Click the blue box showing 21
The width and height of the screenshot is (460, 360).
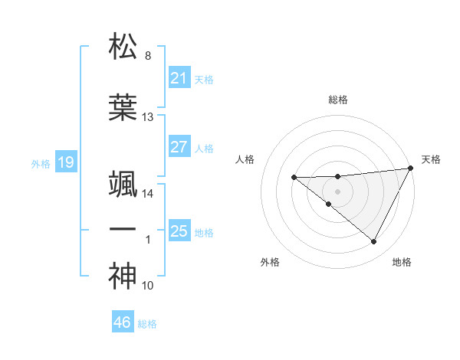point(179,77)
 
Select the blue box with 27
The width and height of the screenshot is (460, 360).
point(179,147)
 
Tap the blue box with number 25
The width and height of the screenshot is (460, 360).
point(179,231)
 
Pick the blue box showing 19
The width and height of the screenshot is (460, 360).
point(65,162)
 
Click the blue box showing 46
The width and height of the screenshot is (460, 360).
point(122,322)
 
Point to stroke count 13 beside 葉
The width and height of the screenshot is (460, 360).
point(148,117)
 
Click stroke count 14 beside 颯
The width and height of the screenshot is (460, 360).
point(148,194)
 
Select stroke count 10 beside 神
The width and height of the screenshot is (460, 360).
point(148,286)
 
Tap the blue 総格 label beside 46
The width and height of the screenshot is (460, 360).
point(148,324)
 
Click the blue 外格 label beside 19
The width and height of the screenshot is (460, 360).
point(40,163)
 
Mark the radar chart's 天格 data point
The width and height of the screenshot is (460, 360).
point(412,169)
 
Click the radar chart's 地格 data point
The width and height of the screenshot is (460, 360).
point(374,242)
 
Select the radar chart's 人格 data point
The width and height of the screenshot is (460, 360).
point(294,178)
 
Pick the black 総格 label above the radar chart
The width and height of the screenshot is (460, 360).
point(338,100)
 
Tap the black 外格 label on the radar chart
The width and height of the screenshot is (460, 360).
point(270,262)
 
